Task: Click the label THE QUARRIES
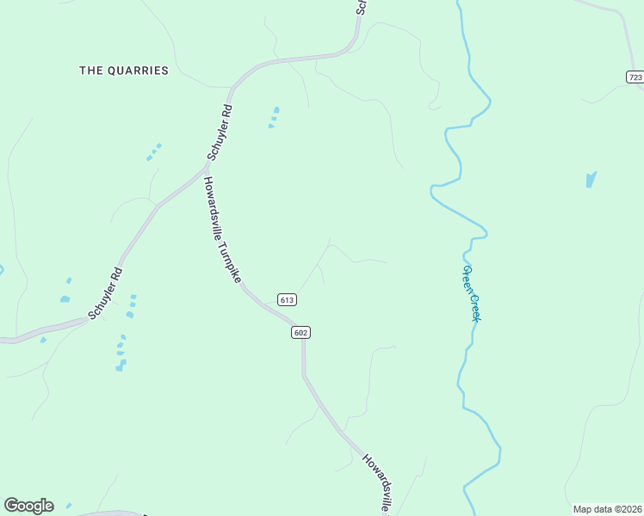coord(124,71)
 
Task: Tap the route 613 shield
coord(288,299)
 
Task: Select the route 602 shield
coord(300,333)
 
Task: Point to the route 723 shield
coord(635,77)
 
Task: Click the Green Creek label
coord(470,293)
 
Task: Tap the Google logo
coord(28,506)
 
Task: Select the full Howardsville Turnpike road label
coord(221,231)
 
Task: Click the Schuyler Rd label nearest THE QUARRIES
coord(220,133)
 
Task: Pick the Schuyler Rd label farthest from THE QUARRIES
coord(106,293)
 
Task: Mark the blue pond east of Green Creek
coord(591,180)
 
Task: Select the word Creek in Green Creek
coord(474,306)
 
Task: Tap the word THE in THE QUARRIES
coord(90,71)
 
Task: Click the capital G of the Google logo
coord(11,506)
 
